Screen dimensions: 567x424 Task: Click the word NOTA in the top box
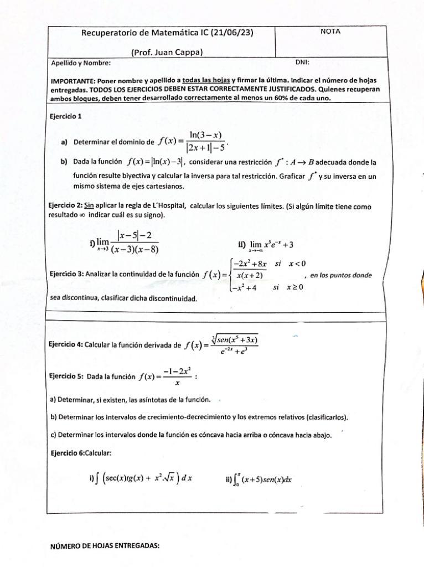tap(330, 32)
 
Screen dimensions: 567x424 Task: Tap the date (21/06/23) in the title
tap(229, 33)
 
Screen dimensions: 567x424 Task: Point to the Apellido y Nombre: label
tap(80, 63)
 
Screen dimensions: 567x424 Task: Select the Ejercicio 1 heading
tap(66, 116)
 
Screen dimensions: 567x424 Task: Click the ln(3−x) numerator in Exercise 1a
tap(205, 135)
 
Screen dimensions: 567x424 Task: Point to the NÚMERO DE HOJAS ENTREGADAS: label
tap(105, 545)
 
